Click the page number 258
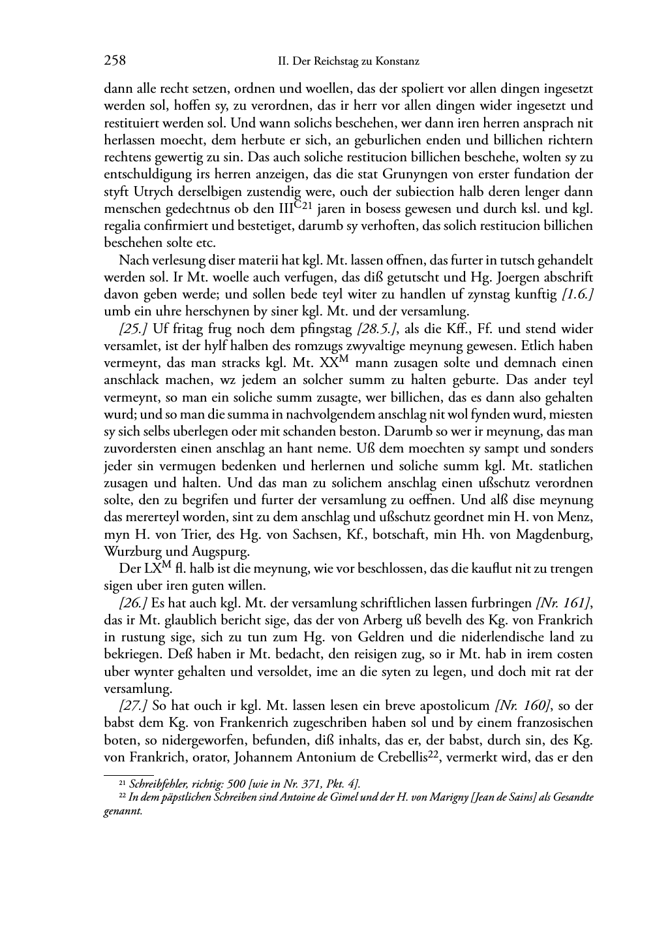115,61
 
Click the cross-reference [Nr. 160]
523,706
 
